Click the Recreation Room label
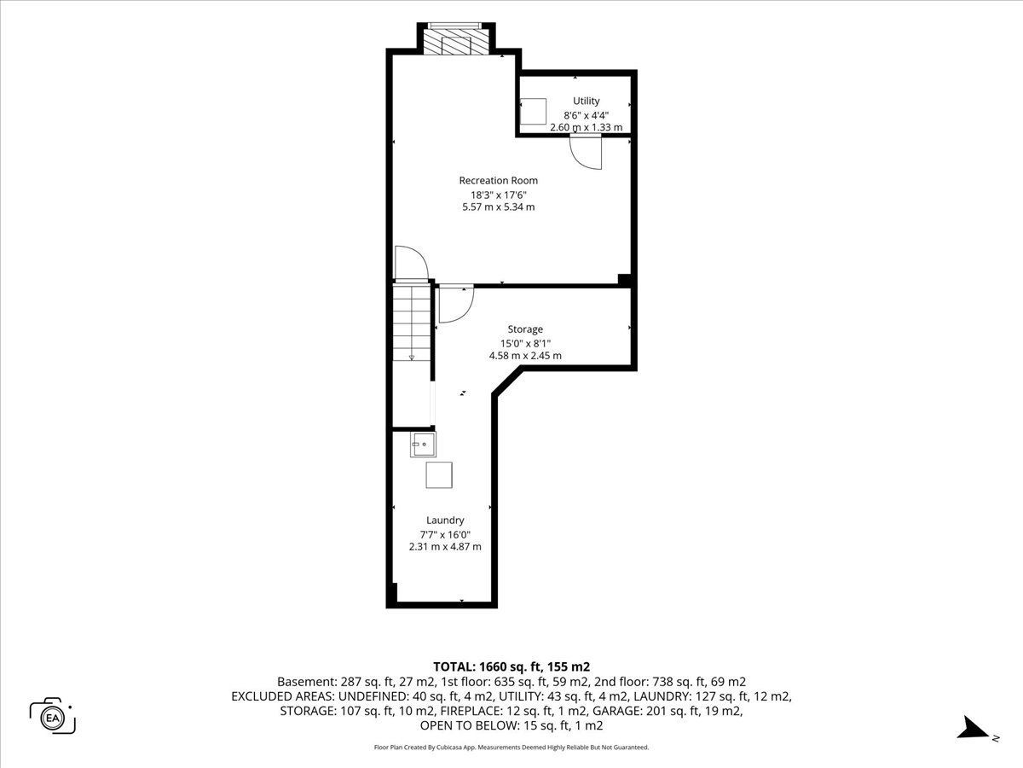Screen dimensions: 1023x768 498,180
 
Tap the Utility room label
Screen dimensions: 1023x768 586,101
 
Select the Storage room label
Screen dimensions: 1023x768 525,329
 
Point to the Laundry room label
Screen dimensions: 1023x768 445,520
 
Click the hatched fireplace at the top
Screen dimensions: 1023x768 456,44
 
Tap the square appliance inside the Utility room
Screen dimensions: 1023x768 534,111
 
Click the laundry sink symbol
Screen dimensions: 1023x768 423,445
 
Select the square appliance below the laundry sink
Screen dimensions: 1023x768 439,474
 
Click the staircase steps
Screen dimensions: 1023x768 412,323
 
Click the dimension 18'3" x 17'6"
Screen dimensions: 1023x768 498,195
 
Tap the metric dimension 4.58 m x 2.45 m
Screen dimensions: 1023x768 525,356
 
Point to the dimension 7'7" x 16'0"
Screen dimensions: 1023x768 445,534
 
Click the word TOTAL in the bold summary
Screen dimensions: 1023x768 453,666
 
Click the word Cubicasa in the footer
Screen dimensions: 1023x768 448,748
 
